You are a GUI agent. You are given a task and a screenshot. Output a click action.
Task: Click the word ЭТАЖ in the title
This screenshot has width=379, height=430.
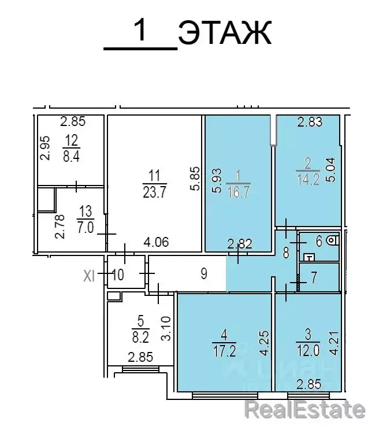click(x=225, y=34)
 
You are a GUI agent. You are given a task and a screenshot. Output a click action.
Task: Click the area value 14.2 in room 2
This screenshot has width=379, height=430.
click(x=307, y=179)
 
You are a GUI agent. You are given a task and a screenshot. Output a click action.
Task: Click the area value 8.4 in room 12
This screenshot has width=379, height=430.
click(x=71, y=157)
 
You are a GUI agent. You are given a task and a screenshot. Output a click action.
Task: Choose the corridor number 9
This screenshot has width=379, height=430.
click(x=203, y=273)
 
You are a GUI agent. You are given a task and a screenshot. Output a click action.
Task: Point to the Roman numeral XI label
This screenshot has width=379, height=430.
click(x=89, y=276)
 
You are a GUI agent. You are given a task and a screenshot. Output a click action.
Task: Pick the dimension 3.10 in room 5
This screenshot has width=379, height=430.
click(x=165, y=327)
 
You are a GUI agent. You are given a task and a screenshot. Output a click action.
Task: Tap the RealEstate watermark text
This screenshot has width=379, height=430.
click(x=304, y=410)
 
